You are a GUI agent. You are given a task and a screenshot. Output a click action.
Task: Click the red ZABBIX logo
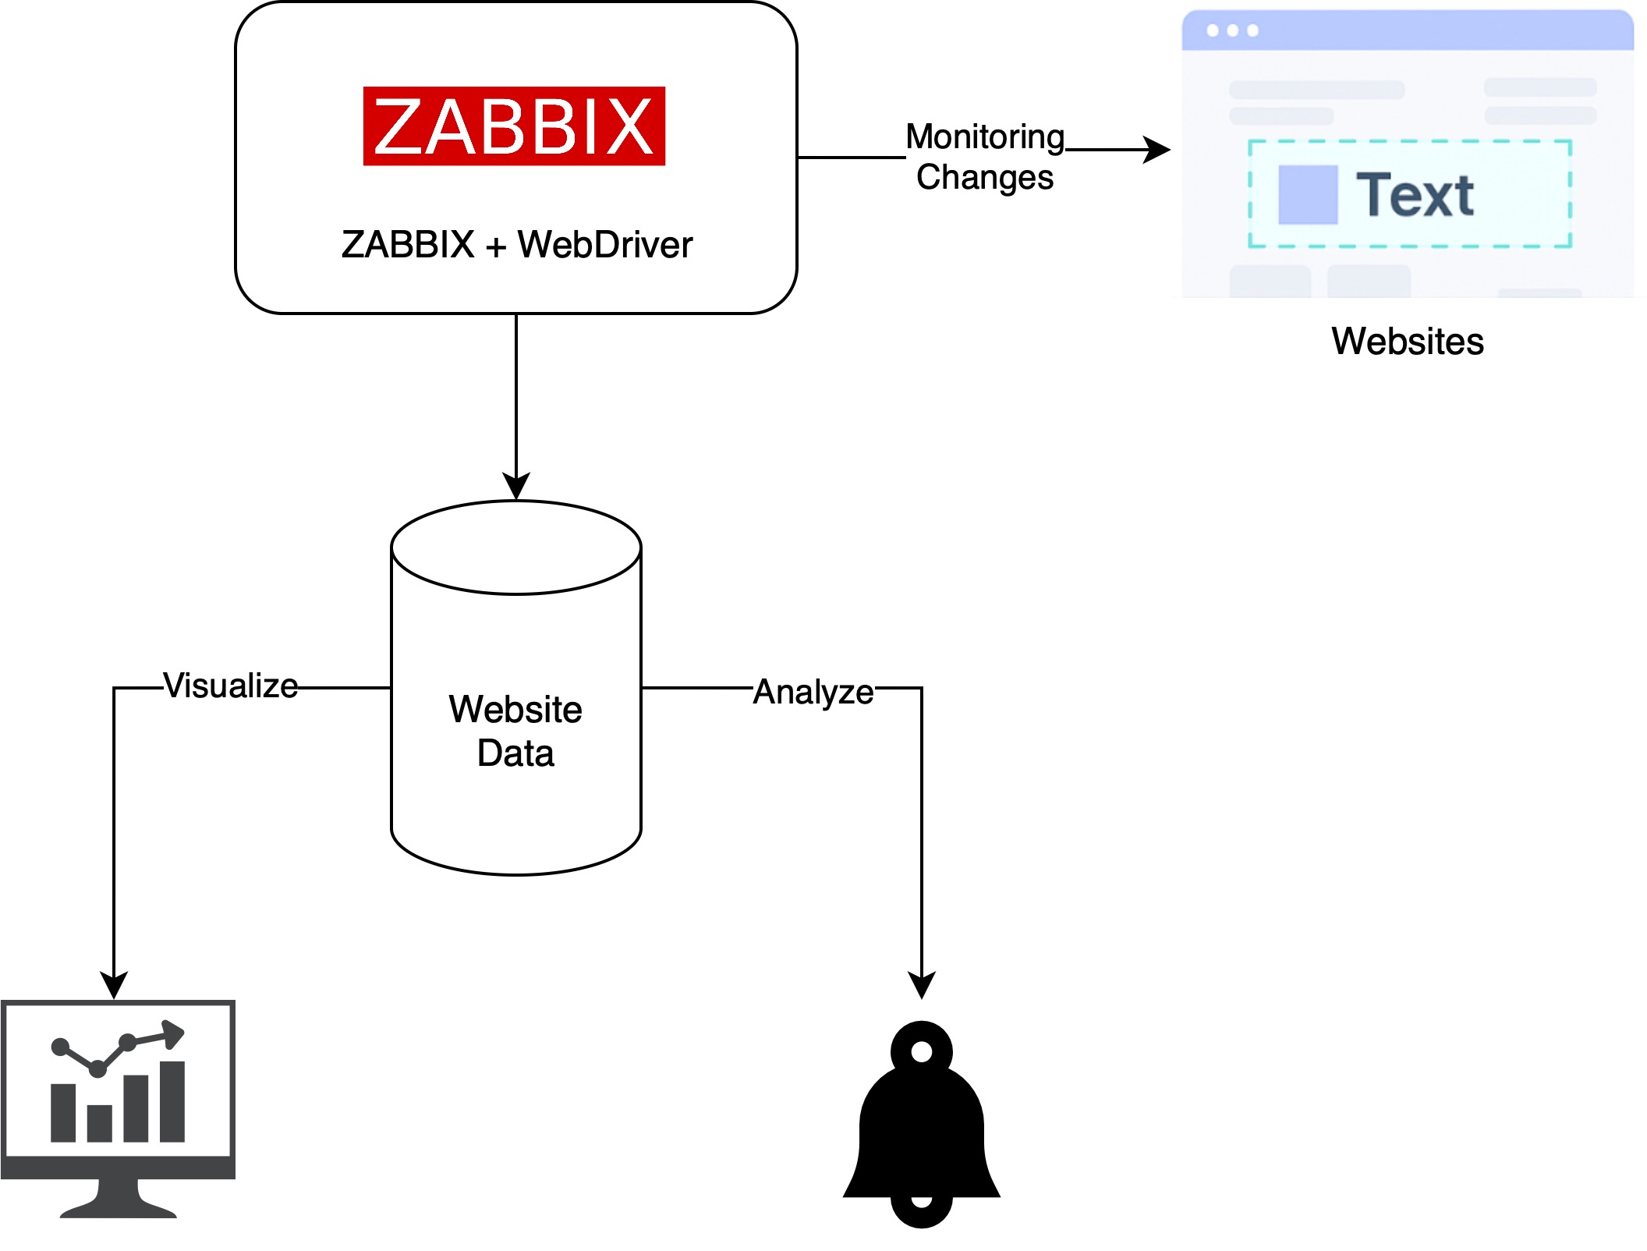coord(514,126)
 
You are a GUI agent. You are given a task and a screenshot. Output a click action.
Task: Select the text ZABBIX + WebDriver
coord(516,245)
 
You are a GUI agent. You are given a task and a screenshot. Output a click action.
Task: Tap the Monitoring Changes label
coord(984,157)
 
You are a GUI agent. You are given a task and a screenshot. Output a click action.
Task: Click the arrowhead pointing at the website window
coord(1159,150)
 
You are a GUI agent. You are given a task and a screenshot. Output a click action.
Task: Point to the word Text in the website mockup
coord(1415,195)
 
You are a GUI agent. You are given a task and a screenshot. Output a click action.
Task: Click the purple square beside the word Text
coord(1308,195)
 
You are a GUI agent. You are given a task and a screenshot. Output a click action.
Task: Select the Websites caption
coord(1407,341)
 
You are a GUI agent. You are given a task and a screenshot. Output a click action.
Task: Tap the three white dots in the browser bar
coord(1232,30)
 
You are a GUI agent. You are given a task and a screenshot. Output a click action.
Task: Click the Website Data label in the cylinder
coord(515,731)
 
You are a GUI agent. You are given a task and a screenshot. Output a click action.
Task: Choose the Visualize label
coord(231,686)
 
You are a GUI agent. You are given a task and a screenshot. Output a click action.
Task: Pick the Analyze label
coord(813,692)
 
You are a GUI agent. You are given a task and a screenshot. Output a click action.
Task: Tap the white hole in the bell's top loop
coord(922,1052)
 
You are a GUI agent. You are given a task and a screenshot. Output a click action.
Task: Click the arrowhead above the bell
coord(922,986)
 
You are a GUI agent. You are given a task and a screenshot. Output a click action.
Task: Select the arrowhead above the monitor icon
coord(114,986)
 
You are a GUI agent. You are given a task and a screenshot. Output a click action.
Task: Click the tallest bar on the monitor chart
coord(172,1101)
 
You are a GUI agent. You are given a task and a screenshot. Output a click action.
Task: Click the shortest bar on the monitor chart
coord(100,1123)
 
